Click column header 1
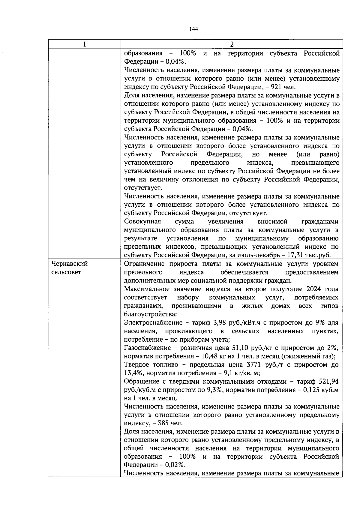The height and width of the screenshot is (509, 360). pyautogui.click(x=85, y=44)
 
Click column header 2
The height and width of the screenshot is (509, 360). pyautogui.click(x=231, y=44)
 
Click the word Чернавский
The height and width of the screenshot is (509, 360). pyautogui.click(x=70, y=264)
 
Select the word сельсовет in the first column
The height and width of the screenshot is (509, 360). pyautogui.click(x=66, y=272)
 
